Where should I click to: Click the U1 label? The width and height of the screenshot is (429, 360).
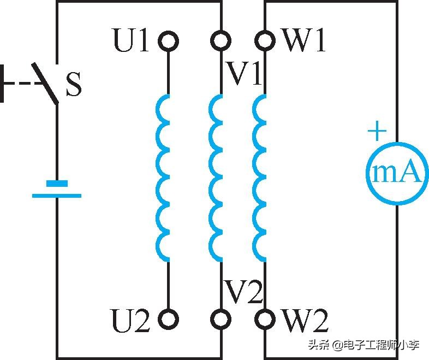(x=130, y=40)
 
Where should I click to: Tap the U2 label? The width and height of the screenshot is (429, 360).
(x=130, y=321)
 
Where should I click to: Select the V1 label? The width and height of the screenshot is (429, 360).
(x=245, y=75)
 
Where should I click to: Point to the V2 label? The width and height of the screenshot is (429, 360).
(x=244, y=292)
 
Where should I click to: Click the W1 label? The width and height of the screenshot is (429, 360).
(x=304, y=40)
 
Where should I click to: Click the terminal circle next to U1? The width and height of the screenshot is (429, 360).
(x=168, y=40)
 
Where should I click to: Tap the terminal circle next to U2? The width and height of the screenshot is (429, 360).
(x=168, y=318)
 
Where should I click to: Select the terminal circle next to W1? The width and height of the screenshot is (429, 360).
(x=265, y=40)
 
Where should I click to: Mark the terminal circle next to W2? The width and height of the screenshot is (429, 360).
(x=265, y=318)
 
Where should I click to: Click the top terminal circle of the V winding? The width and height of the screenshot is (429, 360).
(x=221, y=40)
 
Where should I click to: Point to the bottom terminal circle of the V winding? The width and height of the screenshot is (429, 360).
(x=221, y=318)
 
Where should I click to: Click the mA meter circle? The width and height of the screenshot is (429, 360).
(x=396, y=172)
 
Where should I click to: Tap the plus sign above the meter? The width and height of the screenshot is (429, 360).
(x=377, y=132)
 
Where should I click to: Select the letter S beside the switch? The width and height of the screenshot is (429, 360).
(x=74, y=86)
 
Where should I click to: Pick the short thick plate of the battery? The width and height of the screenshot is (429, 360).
(x=57, y=184)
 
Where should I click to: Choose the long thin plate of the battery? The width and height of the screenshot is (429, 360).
(x=57, y=195)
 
